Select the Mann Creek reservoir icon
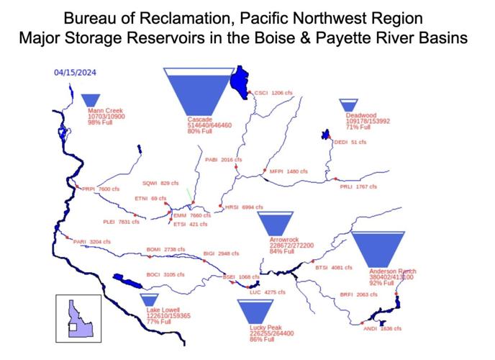pyautogui.click(x=91, y=100)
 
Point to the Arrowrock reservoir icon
pyautogui.click(x=276, y=223)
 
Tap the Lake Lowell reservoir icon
pyautogui.click(x=149, y=300)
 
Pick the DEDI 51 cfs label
pyautogui.click(x=350, y=143)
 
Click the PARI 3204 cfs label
pyautogui.click(x=91, y=242)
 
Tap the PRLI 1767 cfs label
pyautogui.click(x=358, y=187)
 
